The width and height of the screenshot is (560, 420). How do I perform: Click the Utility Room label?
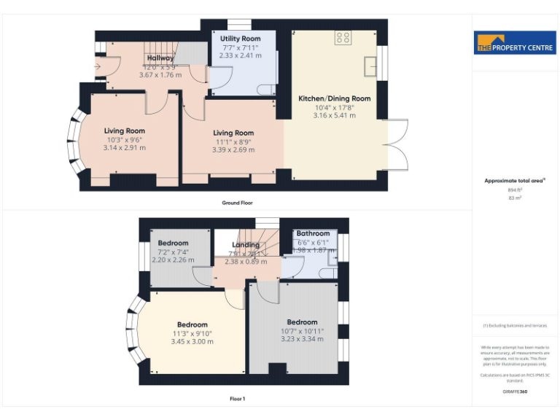240,38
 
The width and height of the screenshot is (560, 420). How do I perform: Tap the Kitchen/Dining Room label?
334,98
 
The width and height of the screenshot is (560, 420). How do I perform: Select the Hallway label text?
160,58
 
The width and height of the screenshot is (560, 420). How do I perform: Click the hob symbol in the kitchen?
342,37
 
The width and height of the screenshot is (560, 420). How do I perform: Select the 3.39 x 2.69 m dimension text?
233,149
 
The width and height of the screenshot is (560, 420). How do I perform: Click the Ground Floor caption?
238,203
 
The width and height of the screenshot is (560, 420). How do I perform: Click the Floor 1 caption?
238,399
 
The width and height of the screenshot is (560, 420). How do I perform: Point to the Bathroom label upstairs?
313,233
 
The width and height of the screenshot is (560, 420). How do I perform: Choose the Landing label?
246,245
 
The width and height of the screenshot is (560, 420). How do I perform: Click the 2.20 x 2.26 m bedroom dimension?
173,260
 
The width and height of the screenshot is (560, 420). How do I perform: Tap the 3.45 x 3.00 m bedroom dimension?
192,341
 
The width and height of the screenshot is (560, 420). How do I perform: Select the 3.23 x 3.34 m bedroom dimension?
302,339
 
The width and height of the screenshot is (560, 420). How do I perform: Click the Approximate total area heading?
515,180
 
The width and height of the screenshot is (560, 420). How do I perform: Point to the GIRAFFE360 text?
515,392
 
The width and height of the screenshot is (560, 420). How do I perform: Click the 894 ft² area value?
515,190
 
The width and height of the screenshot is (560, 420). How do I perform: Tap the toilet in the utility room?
267,89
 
